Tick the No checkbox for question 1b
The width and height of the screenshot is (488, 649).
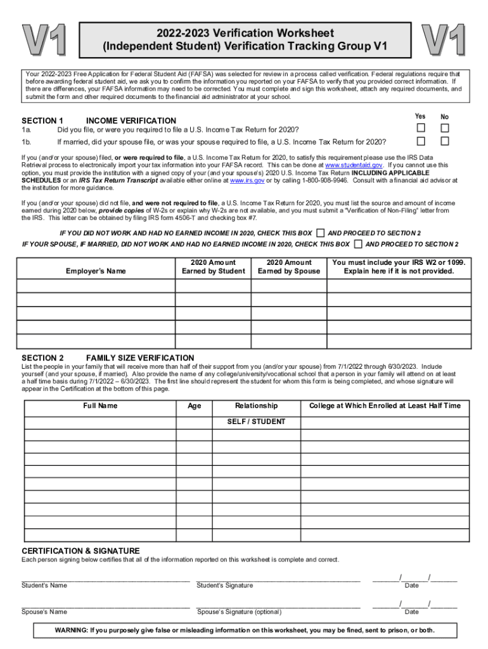(444, 141)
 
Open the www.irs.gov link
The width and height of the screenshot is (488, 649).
(247, 180)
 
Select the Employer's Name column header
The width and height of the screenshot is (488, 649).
(96, 271)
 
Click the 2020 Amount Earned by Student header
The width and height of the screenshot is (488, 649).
(213, 267)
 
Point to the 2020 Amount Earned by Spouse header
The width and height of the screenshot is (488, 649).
(289, 267)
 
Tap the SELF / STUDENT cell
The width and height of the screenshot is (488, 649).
(256, 422)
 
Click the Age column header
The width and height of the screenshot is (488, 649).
(195, 406)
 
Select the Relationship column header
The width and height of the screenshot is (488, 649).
(256, 406)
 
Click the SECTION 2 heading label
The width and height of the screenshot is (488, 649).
(42, 358)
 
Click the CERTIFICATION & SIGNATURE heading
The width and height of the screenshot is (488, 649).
(81, 551)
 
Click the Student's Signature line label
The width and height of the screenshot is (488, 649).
(225, 585)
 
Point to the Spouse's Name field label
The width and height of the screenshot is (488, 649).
(44, 612)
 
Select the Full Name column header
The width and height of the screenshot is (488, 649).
(100, 406)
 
